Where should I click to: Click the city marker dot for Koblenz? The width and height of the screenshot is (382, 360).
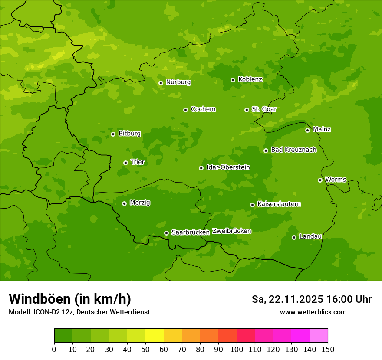pyautogui.click(x=233, y=80)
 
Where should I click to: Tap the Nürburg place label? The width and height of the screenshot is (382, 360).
pyautogui.click(x=178, y=82)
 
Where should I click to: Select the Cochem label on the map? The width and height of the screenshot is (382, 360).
pyautogui.click(x=203, y=109)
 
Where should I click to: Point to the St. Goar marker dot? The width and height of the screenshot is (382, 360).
pyautogui.click(x=247, y=110)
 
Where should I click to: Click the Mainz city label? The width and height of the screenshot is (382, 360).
pyautogui.click(x=322, y=130)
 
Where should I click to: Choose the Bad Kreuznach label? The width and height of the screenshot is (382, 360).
pyautogui.click(x=293, y=150)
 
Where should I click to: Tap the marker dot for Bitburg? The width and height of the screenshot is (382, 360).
pyautogui.click(x=113, y=134)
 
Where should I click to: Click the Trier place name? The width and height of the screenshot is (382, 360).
pyautogui.click(x=138, y=162)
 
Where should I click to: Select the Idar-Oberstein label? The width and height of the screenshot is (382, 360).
pyautogui.click(x=228, y=167)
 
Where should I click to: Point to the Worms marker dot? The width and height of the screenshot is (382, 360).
pyautogui.click(x=320, y=180)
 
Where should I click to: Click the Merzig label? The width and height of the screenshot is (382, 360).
pyautogui.click(x=140, y=203)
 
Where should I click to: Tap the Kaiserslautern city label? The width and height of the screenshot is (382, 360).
pyautogui.click(x=279, y=204)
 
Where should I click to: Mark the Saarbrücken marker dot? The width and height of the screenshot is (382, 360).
pyautogui.click(x=166, y=233)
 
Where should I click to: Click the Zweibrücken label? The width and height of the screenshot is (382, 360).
pyautogui.click(x=231, y=231)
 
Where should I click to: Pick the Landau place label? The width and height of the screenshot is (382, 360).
pyautogui.click(x=310, y=237)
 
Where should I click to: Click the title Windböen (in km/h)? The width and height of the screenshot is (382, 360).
pyautogui.click(x=70, y=299)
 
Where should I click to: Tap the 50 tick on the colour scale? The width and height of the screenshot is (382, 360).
pyautogui.click(x=145, y=349)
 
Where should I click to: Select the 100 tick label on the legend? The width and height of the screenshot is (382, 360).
pyautogui.click(x=237, y=349)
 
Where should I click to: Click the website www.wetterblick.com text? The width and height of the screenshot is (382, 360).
pyautogui.click(x=313, y=312)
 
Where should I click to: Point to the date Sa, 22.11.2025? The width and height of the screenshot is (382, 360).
pyautogui.click(x=287, y=299)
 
